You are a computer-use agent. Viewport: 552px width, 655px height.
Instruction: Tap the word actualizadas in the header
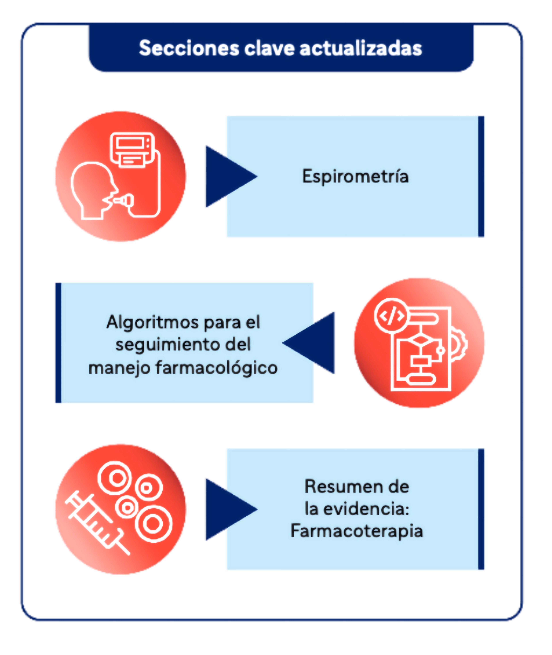point(361,48)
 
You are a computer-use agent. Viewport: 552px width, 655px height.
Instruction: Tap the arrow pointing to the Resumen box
point(227,510)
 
